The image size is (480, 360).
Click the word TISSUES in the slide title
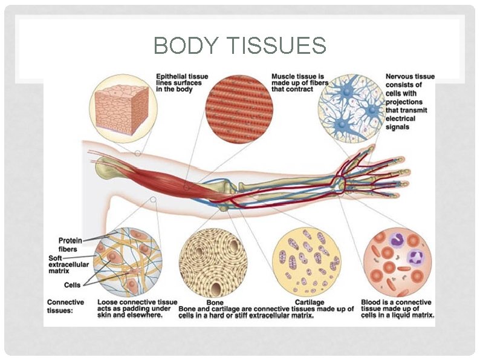click(276, 46)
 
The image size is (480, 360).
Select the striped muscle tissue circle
click(239, 109)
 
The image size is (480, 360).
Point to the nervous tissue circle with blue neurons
click(351, 110)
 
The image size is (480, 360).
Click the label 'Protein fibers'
click(71, 244)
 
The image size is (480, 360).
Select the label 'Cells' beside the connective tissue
click(73, 285)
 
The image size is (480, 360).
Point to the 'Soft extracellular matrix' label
click(68, 265)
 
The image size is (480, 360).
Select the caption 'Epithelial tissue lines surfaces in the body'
click(176, 82)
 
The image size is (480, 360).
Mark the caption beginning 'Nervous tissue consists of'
click(409, 102)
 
